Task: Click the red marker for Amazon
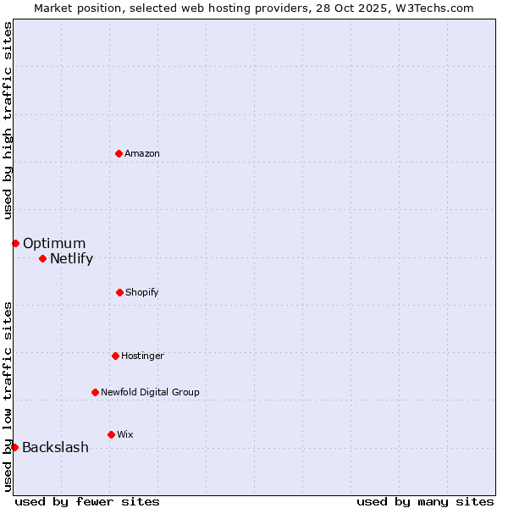[x=119, y=153]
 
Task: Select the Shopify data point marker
[x=119, y=292]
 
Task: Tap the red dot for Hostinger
[x=115, y=356]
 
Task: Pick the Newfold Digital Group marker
[x=95, y=392]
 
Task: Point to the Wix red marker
[x=111, y=434]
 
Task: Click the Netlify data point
[x=42, y=258]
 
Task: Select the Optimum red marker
[x=15, y=243]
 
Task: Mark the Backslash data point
[x=14, y=447]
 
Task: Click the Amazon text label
[x=142, y=153]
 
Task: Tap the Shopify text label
[x=142, y=292]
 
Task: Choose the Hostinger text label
[x=142, y=356]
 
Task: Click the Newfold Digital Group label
[x=150, y=392]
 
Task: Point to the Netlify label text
[x=71, y=259]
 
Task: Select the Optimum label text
[x=54, y=244]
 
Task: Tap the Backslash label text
[x=55, y=448]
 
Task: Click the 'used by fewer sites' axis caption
[x=87, y=501]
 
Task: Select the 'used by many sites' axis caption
[x=425, y=501]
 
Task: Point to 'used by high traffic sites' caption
[x=8, y=120]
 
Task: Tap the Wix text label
[x=125, y=434]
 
